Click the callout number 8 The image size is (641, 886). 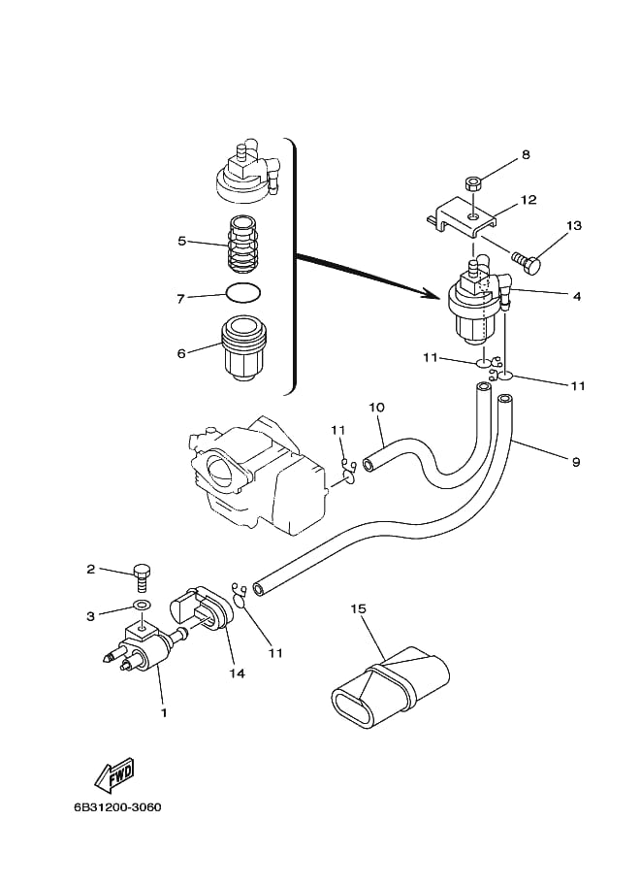coord(526,154)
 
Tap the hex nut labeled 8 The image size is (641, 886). coord(473,183)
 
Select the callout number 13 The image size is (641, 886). coord(574,226)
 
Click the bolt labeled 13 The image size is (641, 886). coord(527,262)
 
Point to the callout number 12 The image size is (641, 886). coord(529,200)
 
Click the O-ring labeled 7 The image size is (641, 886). coord(243,294)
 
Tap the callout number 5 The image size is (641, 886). coord(182,242)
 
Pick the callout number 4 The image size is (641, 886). coord(577,296)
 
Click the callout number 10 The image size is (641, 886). coord(376,407)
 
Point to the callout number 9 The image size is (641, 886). coord(576,462)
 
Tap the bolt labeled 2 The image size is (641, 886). coord(141,577)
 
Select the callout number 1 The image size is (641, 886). coord(164,713)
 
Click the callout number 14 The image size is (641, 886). coord(238,673)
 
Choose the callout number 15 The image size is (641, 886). coord(358,608)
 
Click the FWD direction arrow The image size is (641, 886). coord(114,774)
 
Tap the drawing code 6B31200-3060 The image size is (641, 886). coord(117,806)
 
